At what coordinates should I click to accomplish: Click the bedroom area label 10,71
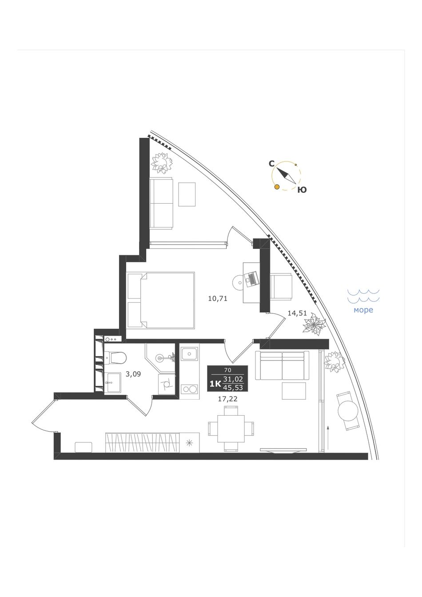click(218, 299)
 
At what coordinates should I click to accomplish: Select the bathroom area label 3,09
click(133, 374)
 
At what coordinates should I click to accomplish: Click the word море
click(363, 310)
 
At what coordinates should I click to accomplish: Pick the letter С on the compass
click(271, 164)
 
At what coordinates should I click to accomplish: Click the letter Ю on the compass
click(302, 190)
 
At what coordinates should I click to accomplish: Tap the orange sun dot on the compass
click(277, 187)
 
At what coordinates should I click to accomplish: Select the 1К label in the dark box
click(215, 384)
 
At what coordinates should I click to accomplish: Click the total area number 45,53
click(234, 388)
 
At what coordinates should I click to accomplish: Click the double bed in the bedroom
click(161, 300)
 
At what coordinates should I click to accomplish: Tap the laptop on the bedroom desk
click(251, 279)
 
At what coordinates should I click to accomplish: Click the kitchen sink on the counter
click(189, 354)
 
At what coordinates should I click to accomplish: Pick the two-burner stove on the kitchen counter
click(189, 389)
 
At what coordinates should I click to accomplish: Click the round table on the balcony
click(348, 411)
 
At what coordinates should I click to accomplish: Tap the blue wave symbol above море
click(363, 296)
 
